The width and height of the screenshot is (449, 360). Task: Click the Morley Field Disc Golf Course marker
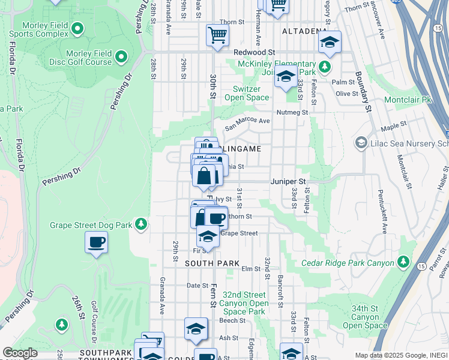[x=121, y=58]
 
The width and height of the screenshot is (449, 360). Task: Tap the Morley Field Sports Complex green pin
[x=77, y=28]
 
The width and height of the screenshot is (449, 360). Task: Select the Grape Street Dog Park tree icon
[x=141, y=224]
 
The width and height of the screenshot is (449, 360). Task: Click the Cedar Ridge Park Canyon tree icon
[x=403, y=263]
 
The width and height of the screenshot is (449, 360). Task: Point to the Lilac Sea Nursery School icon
[x=361, y=143]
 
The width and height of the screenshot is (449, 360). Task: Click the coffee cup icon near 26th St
[x=96, y=243]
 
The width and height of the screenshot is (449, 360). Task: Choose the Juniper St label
[x=288, y=181]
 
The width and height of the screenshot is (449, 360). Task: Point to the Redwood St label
[x=254, y=52]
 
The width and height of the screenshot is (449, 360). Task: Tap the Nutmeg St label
[x=292, y=112]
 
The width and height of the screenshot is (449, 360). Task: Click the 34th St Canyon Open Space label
[x=365, y=317]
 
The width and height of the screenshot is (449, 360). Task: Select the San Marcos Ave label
[x=247, y=124]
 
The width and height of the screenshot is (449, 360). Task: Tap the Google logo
[x=20, y=353]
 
